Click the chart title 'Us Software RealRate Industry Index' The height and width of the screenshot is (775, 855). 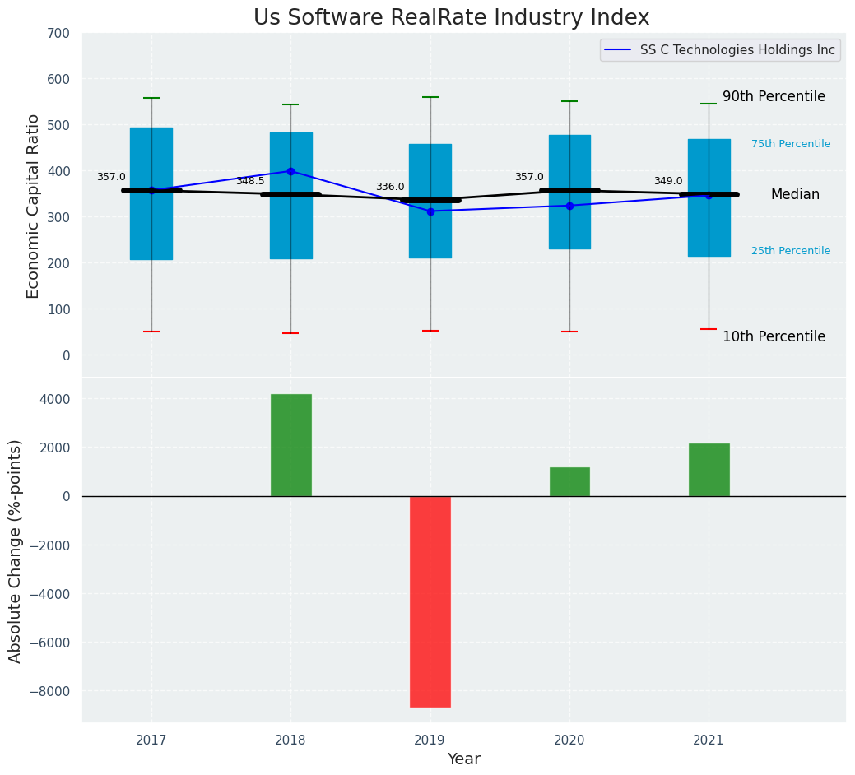[x=451, y=18]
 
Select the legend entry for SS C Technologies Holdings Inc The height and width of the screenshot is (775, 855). [x=737, y=50]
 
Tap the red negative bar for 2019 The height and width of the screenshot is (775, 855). [x=430, y=601]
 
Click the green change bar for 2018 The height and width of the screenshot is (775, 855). [x=290, y=445]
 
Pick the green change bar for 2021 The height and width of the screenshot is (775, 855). [x=709, y=470]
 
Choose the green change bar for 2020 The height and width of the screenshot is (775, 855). [x=569, y=481]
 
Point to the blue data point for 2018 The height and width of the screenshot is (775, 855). [x=290, y=171]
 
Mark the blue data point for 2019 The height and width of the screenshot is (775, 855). [x=430, y=211]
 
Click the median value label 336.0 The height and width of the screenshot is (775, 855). [x=390, y=188]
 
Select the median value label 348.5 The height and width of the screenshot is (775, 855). [x=250, y=182]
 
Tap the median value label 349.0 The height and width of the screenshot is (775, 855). [x=668, y=182]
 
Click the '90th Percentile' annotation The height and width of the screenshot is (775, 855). [x=774, y=97]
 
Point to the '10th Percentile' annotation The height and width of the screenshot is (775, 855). [x=774, y=337]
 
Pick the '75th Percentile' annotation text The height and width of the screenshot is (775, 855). [x=791, y=145]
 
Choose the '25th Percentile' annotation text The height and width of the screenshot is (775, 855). [x=791, y=252]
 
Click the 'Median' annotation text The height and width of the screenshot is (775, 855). [x=795, y=195]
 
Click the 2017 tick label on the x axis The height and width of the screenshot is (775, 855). [x=151, y=740]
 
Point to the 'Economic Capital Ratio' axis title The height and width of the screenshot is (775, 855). [x=34, y=206]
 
